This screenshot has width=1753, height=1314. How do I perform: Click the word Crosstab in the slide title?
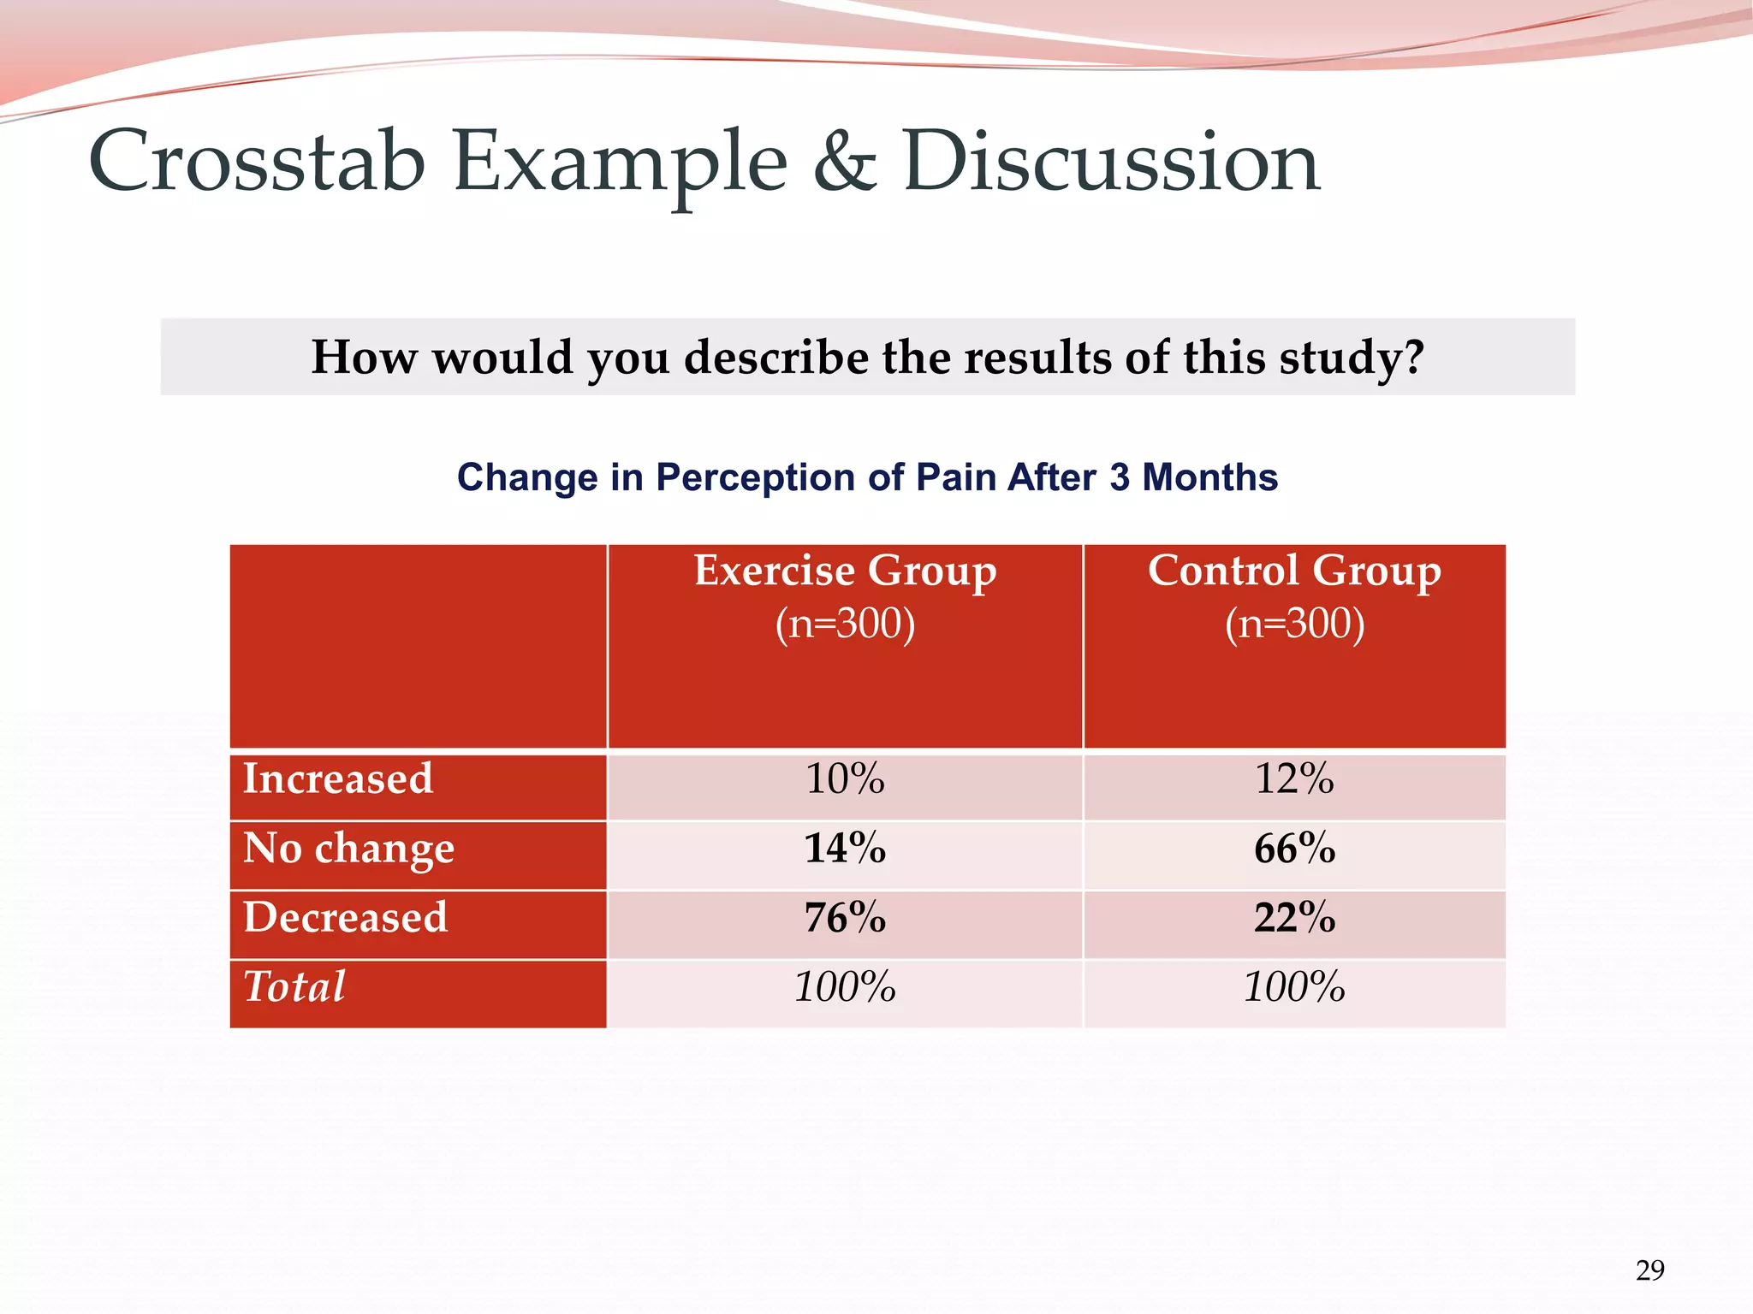tap(257, 163)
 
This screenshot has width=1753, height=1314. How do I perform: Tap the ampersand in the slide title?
tap(844, 163)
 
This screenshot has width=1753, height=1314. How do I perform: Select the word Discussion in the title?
tap(1111, 163)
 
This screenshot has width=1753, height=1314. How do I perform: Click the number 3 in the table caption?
tap(1119, 477)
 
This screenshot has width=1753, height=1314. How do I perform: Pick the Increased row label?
tap(338, 779)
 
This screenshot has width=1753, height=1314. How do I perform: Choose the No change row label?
tap(348, 849)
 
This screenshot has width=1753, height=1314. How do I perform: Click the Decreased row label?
tap(345, 918)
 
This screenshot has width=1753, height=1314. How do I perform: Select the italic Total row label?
tap(294, 986)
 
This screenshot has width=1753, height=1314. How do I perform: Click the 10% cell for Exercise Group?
tap(845, 779)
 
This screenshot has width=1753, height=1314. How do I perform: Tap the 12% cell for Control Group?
tap(1294, 779)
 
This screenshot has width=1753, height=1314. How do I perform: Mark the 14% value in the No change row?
tap(845, 849)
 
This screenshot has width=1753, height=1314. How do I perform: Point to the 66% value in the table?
tap(1294, 849)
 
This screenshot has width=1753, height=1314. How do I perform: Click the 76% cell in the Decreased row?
tap(845, 918)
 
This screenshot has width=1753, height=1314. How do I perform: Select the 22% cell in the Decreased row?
tap(1294, 918)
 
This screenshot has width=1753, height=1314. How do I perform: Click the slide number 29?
tap(1649, 1270)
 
